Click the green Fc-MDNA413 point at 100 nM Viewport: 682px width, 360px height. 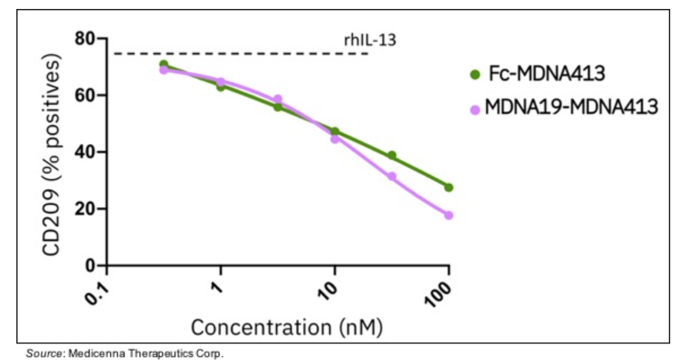tap(449, 187)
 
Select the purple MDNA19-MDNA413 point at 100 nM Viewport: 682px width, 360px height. tap(449, 215)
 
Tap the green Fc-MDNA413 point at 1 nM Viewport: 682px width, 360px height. tap(221, 87)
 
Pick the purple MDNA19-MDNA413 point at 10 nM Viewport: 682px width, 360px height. tap(335, 139)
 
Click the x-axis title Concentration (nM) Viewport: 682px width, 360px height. tap(287, 327)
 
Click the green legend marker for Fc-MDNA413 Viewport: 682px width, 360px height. tap(475, 74)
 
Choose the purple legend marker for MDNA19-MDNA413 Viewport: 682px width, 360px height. tap(475, 108)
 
